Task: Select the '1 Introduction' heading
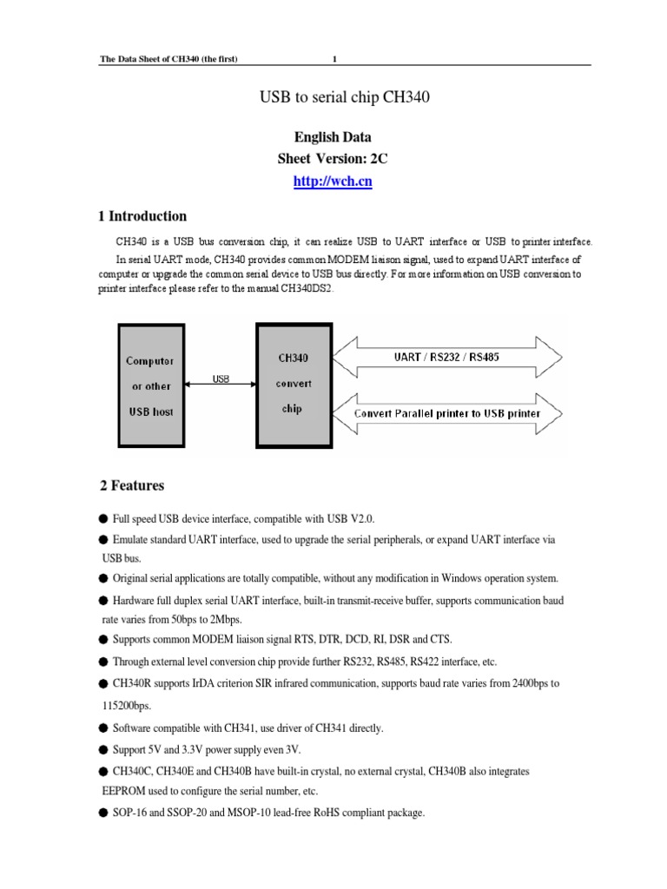(149, 216)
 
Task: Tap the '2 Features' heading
(137, 485)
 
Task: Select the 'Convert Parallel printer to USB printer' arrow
(447, 413)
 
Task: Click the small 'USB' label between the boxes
(221, 379)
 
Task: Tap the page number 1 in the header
(335, 58)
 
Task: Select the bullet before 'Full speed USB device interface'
(103, 518)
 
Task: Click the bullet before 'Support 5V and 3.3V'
(103, 748)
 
